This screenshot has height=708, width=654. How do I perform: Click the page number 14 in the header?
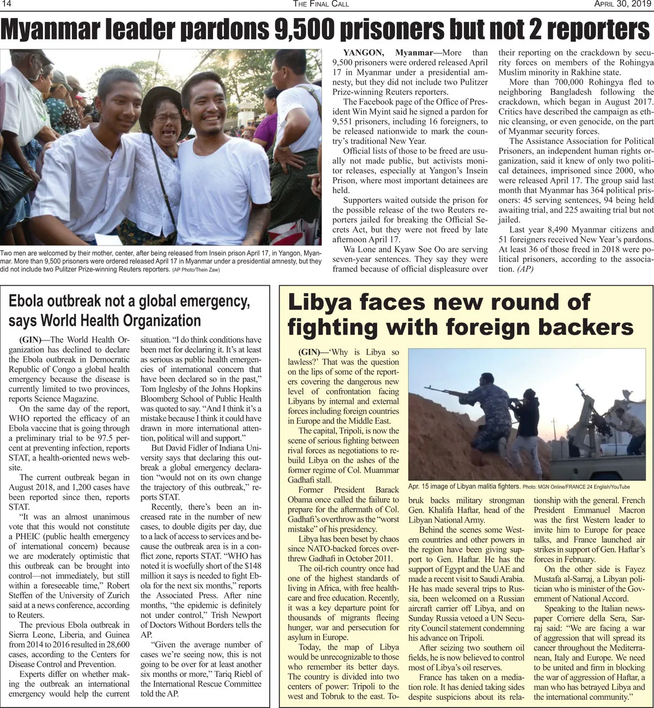pyautogui.click(x=7, y=4)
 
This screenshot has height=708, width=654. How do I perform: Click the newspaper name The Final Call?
pyautogui.click(x=321, y=4)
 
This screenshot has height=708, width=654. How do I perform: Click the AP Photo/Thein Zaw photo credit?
pyautogui.click(x=196, y=270)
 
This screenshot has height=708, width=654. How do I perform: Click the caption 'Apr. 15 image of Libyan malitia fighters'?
pyautogui.click(x=464, y=487)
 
